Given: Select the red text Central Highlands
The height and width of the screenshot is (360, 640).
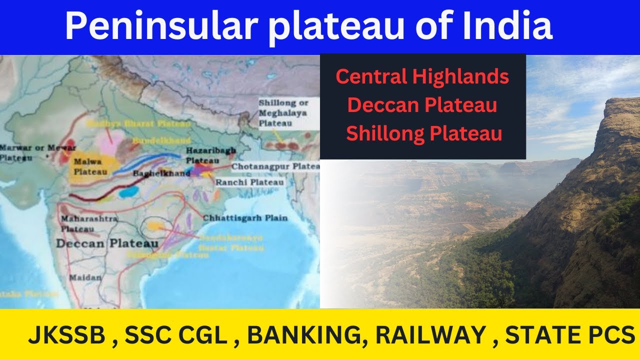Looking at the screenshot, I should point(422,77).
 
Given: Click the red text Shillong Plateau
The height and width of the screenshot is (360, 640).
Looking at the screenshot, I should point(424,134).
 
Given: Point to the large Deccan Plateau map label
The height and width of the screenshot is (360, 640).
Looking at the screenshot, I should point(107,243).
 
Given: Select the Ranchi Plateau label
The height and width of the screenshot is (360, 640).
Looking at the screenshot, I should point(249,182).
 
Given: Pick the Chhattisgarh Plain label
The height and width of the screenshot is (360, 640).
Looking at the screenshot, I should point(245,218).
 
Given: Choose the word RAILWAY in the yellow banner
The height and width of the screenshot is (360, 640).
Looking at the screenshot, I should point(430,335).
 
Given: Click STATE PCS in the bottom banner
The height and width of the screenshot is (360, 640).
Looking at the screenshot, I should point(570,335).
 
